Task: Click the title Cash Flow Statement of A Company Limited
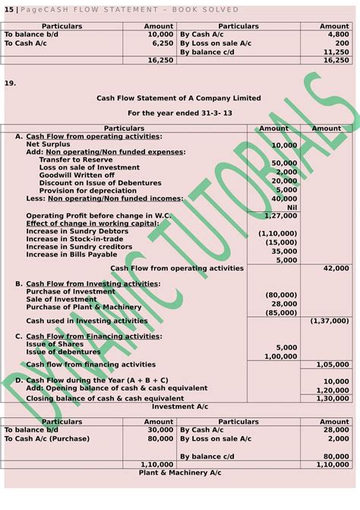tap(178, 98)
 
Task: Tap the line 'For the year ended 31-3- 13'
tap(179, 113)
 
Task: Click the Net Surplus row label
tap(48, 144)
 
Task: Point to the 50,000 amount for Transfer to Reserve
tap(284, 163)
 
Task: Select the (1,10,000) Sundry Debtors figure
tap(278, 234)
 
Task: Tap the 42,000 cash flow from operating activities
tap(336, 268)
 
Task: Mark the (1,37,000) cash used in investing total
tap(330, 321)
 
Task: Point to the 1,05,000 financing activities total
tap(332, 365)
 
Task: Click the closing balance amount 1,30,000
tap(332, 398)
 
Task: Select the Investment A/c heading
tap(179, 407)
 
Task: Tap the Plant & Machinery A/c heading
tap(179, 473)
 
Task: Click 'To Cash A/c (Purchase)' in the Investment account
tap(47, 439)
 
